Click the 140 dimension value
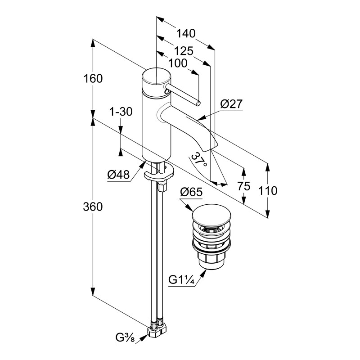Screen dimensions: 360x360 click(x=185, y=33)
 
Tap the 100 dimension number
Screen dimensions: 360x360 click(x=179, y=63)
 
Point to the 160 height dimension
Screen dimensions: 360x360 click(x=93, y=78)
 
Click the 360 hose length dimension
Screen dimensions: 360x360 click(x=93, y=207)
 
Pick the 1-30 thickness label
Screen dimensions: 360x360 click(x=121, y=112)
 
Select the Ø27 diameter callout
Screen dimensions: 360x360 click(x=231, y=104)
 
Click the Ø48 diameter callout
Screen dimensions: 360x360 click(x=118, y=175)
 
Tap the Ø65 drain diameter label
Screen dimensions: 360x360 click(x=191, y=193)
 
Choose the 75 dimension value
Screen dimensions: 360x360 click(x=243, y=187)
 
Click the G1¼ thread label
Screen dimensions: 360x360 click(x=181, y=280)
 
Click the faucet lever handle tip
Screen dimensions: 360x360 click(x=198, y=103)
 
